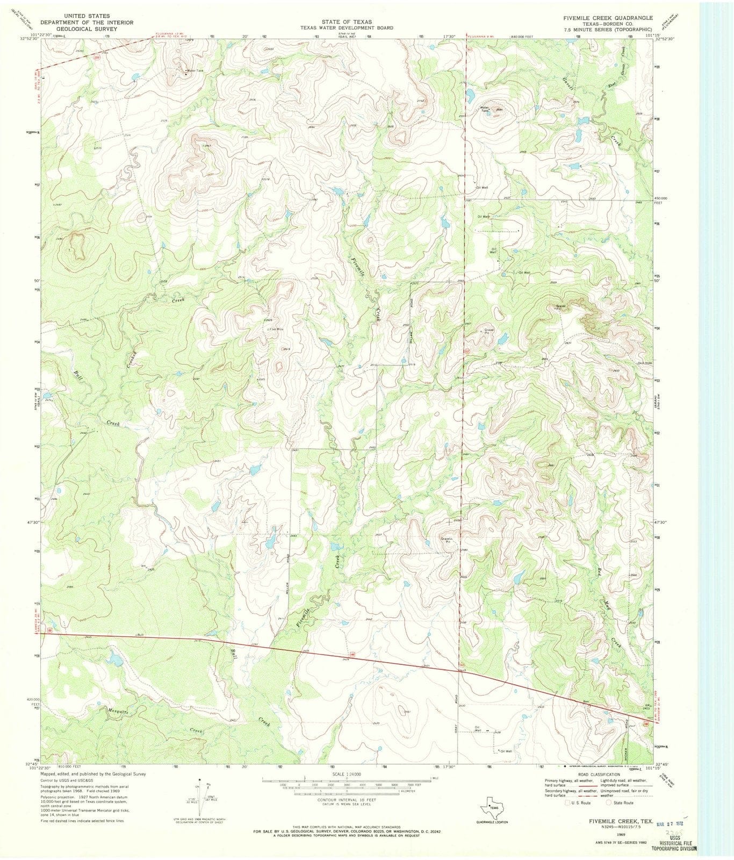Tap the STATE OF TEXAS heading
pos(347,22)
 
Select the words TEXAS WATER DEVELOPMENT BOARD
pos(347,28)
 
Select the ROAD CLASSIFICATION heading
pos(598,774)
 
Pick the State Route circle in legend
pos(608,803)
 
